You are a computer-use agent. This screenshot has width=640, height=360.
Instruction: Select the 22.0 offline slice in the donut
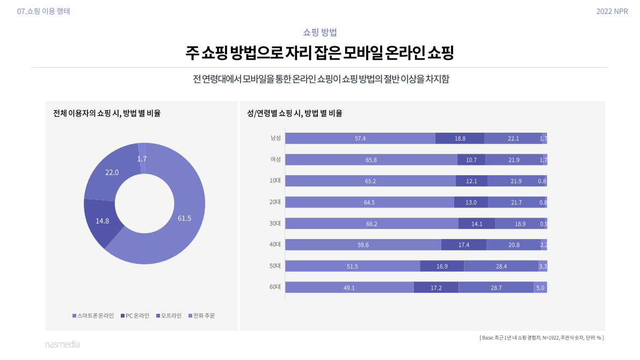[112, 172]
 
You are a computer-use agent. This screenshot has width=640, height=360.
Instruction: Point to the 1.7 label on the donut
[142, 159]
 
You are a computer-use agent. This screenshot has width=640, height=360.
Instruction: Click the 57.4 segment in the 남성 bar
[360, 139]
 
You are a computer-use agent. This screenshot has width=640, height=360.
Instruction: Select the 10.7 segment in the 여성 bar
[471, 160]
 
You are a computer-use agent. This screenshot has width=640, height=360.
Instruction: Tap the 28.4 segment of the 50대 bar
[501, 266]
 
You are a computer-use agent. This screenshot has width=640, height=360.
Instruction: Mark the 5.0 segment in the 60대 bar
[540, 287]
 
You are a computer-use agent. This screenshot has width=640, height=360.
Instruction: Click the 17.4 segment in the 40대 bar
[464, 245]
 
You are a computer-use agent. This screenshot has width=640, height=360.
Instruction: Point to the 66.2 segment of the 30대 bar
[372, 224]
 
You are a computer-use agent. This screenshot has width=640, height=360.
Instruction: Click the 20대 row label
[275, 202]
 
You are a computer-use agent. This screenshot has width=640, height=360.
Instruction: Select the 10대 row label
[275, 181]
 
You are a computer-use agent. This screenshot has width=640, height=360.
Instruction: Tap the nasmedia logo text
[62, 344]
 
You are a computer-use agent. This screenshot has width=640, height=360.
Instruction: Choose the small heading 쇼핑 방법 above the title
[320, 32]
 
